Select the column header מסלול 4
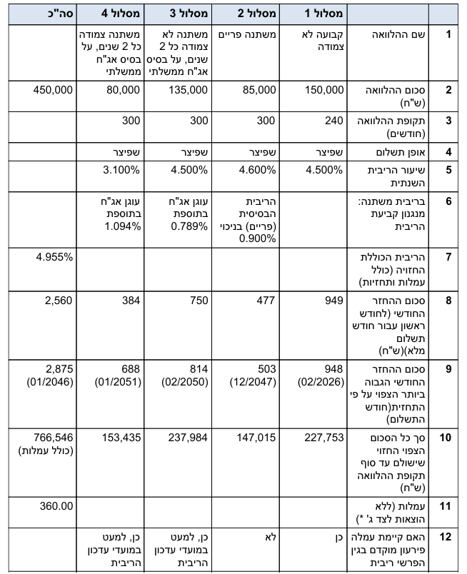click(117, 13)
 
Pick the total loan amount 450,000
click(53, 90)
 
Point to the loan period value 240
click(334, 121)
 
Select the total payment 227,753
click(325, 437)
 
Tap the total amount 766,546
click(54, 437)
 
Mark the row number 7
click(448, 256)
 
